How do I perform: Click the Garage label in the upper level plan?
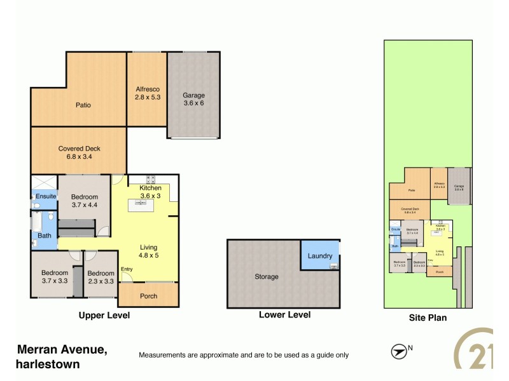193,95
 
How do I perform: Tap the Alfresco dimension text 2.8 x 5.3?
146,98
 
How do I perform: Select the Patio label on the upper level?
82,105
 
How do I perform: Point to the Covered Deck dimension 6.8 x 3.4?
79,156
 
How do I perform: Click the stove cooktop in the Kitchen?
151,178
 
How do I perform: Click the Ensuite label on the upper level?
44,196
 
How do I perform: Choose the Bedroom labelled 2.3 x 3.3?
101,276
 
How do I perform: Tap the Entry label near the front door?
127,268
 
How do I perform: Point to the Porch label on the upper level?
148,296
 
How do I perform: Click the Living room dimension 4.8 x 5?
148,255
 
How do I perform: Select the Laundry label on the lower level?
319,256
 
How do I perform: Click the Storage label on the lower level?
267,276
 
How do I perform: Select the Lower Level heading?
284,314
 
